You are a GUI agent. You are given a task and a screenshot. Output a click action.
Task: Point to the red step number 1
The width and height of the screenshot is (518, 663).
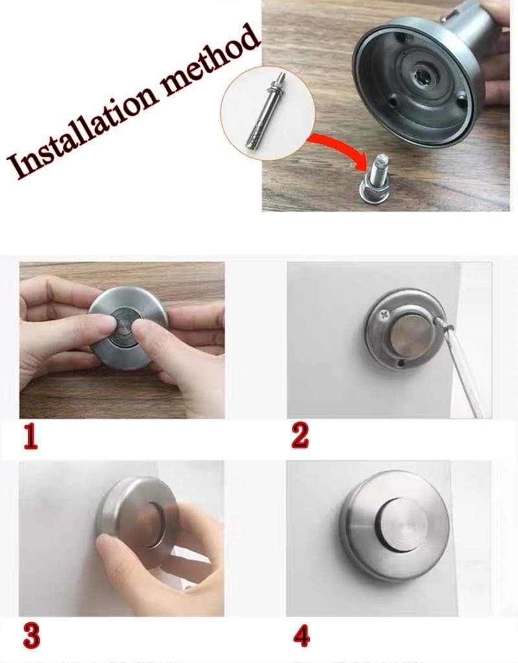[x=30, y=437]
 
